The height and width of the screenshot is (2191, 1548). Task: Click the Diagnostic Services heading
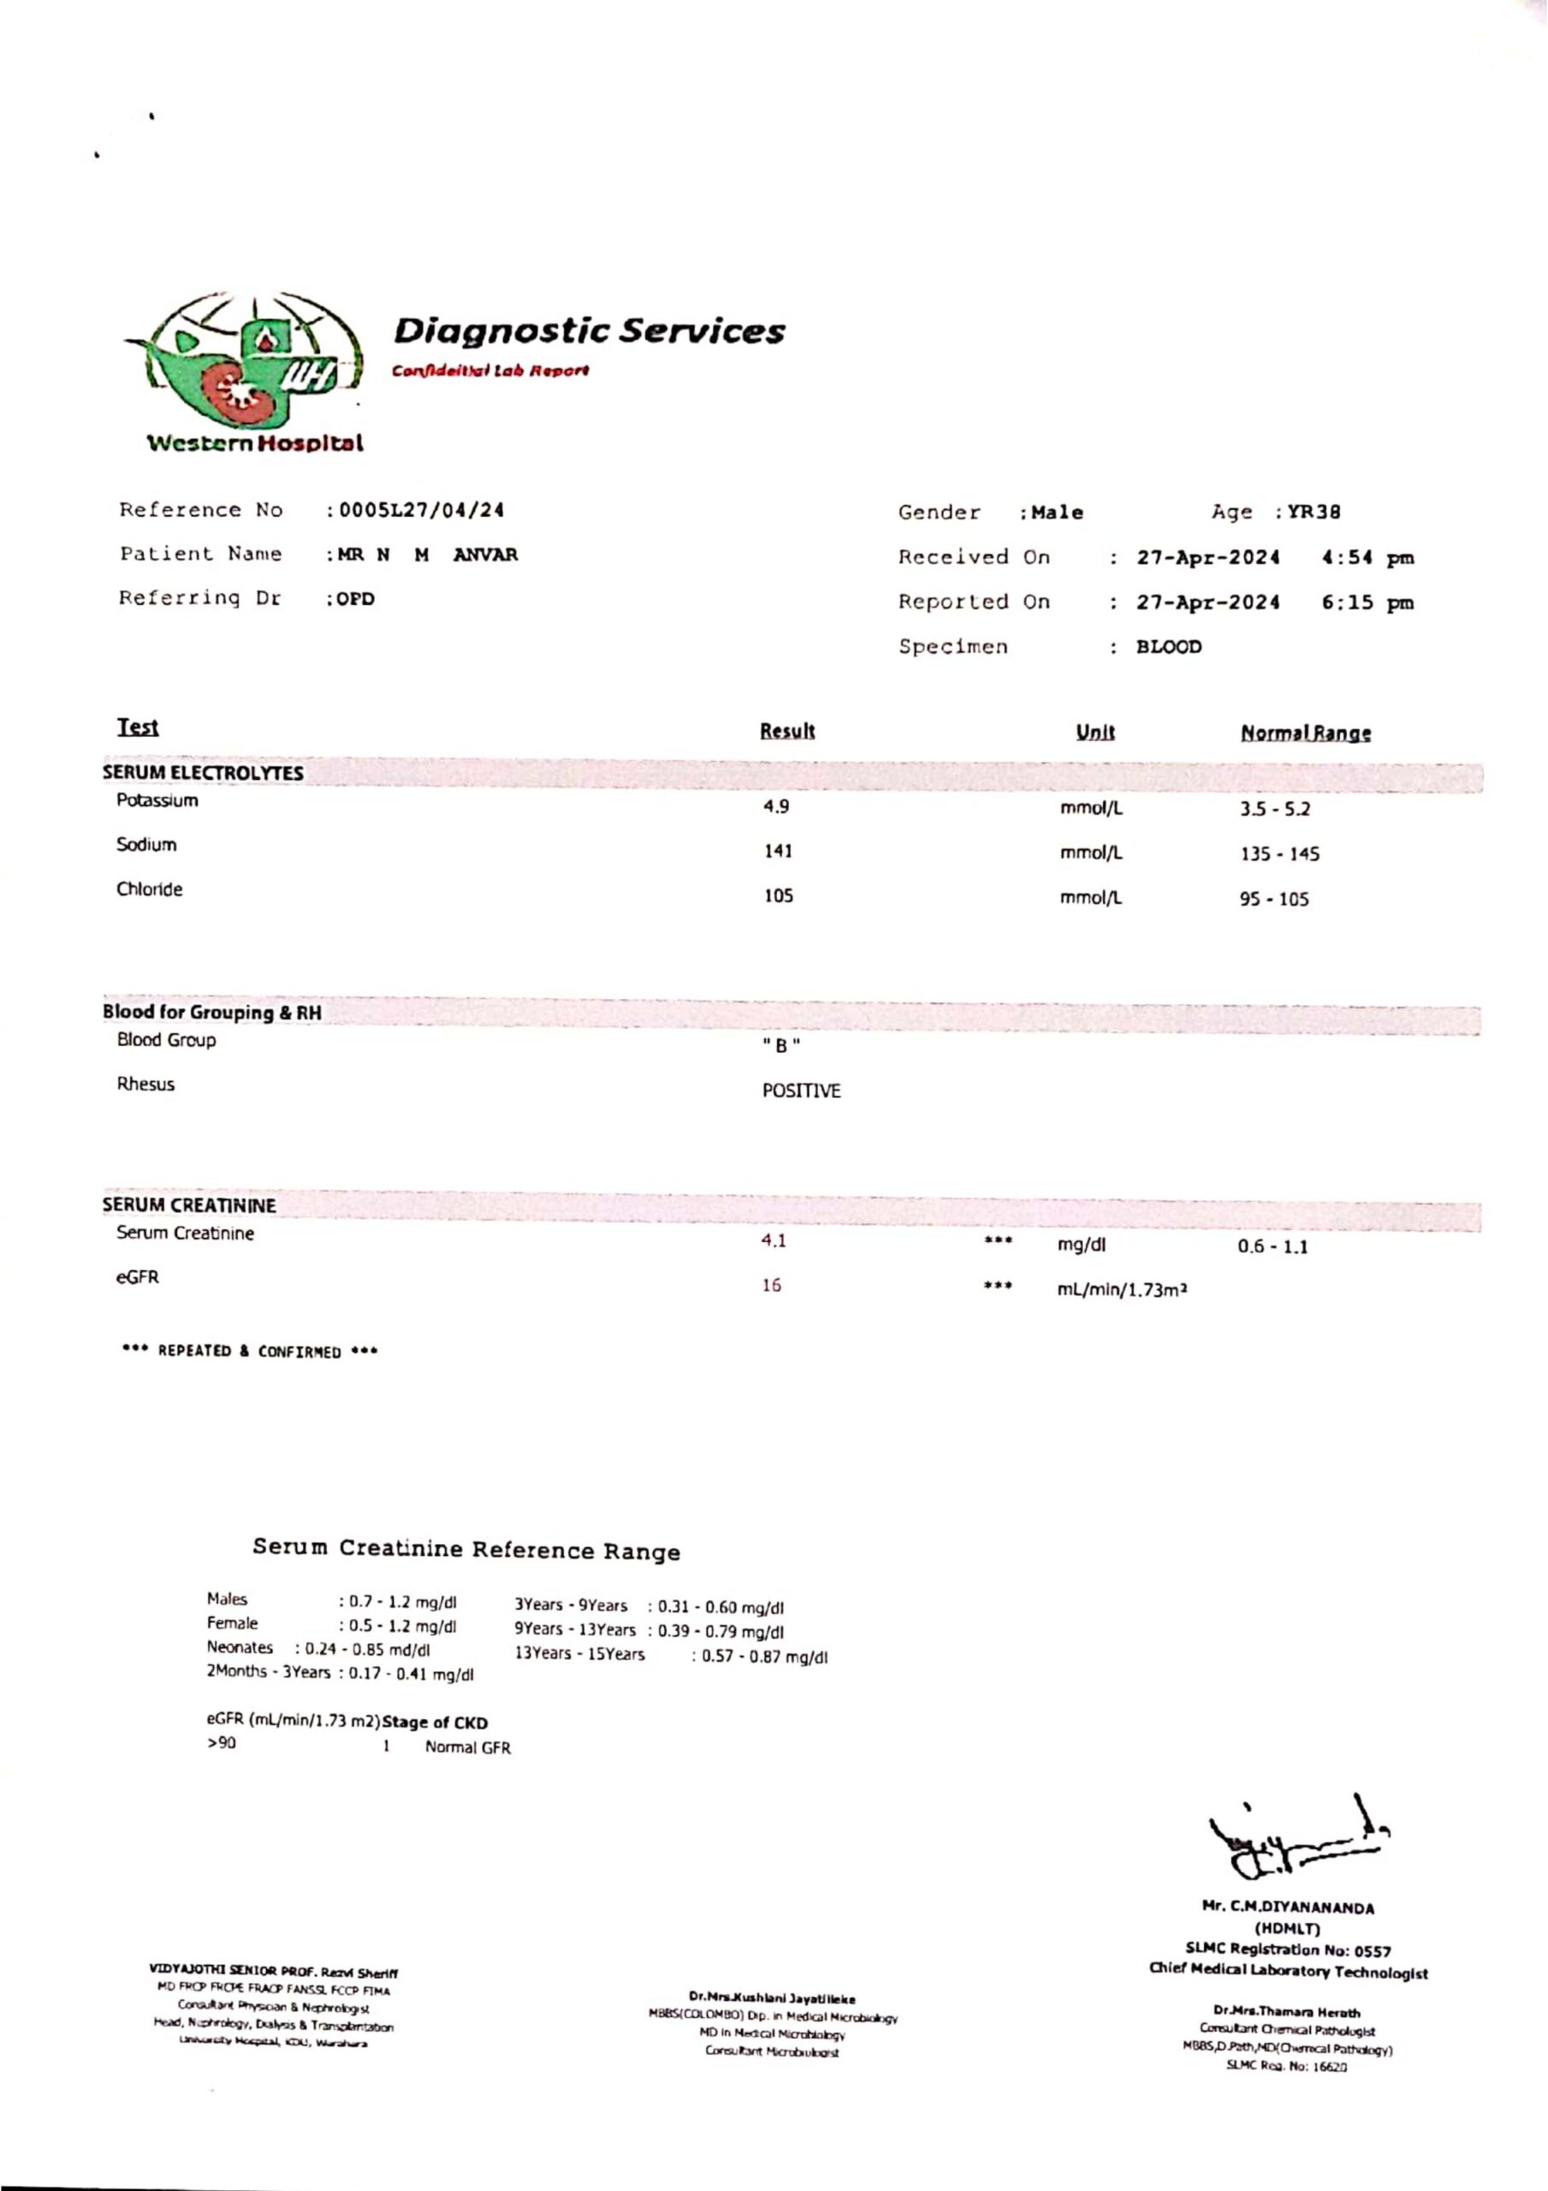[589, 332]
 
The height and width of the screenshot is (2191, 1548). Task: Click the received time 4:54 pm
[1367, 558]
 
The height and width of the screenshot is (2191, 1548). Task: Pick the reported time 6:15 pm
[1367, 603]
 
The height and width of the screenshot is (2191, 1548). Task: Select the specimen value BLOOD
[1168, 647]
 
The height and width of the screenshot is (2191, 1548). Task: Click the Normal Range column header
[1306, 733]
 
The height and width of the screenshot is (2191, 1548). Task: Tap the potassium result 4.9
[775, 807]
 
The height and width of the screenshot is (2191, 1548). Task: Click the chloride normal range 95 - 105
[1274, 900]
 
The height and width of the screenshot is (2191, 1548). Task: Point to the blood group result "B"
[780, 1046]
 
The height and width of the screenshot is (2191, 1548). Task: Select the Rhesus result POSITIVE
[801, 1090]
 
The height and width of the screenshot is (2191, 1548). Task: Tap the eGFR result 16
[771, 1286]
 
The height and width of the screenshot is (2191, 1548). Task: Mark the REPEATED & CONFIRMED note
[250, 1351]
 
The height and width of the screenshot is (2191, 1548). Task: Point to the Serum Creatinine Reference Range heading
[466, 1550]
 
